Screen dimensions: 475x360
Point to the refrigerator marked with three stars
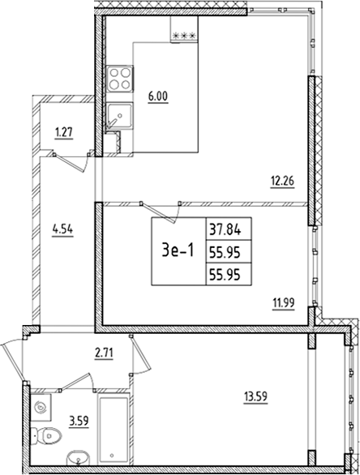(183, 37)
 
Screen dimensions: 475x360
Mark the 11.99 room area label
(283, 304)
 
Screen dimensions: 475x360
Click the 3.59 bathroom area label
(79, 420)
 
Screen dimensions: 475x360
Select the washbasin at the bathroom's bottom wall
(79, 456)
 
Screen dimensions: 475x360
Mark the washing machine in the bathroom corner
(42, 404)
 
